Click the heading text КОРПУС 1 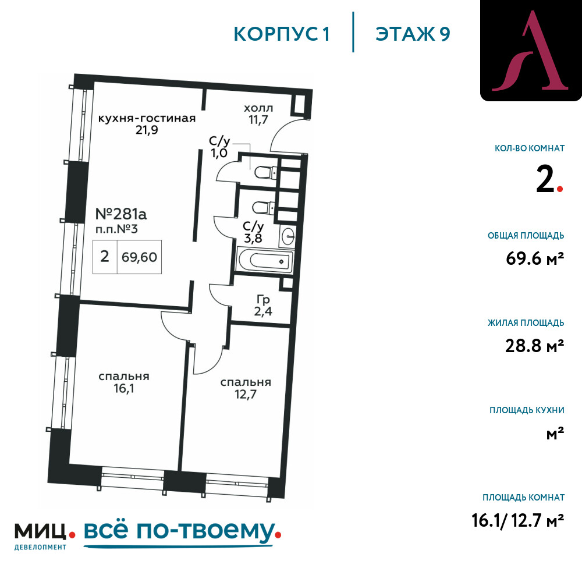click(x=281, y=34)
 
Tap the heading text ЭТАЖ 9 click(x=413, y=34)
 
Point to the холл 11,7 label click(x=258, y=114)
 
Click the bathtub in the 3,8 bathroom click(x=265, y=261)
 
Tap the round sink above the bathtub click(x=288, y=236)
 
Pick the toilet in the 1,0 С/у click(x=265, y=172)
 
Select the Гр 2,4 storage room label click(x=263, y=306)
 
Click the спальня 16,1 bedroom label click(x=123, y=382)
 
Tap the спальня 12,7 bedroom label click(x=246, y=388)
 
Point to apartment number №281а click(x=121, y=214)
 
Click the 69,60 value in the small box click(x=139, y=257)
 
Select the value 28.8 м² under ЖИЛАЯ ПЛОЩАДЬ click(x=534, y=346)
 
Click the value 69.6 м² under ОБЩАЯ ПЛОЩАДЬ click(x=535, y=258)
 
